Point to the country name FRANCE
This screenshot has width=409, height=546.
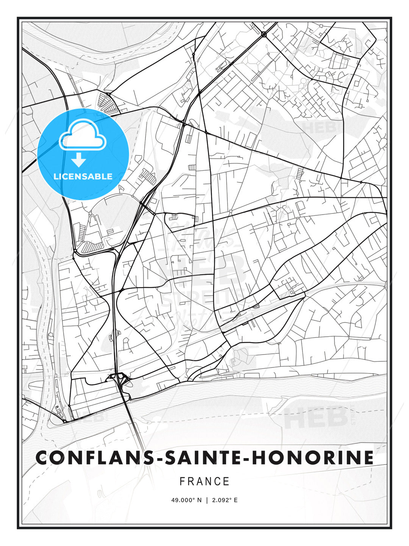(x=204, y=482)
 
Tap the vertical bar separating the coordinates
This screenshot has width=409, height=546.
(x=207, y=500)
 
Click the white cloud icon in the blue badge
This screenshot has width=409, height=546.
(x=82, y=136)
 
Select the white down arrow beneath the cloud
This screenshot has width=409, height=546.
(x=79, y=160)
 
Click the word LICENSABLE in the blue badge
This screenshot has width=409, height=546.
(x=83, y=176)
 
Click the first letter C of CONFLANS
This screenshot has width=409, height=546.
(x=42, y=458)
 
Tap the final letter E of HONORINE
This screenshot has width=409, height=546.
(x=368, y=458)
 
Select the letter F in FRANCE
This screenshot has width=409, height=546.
(x=182, y=482)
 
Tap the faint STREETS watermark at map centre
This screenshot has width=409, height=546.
(x=203, y=298)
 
